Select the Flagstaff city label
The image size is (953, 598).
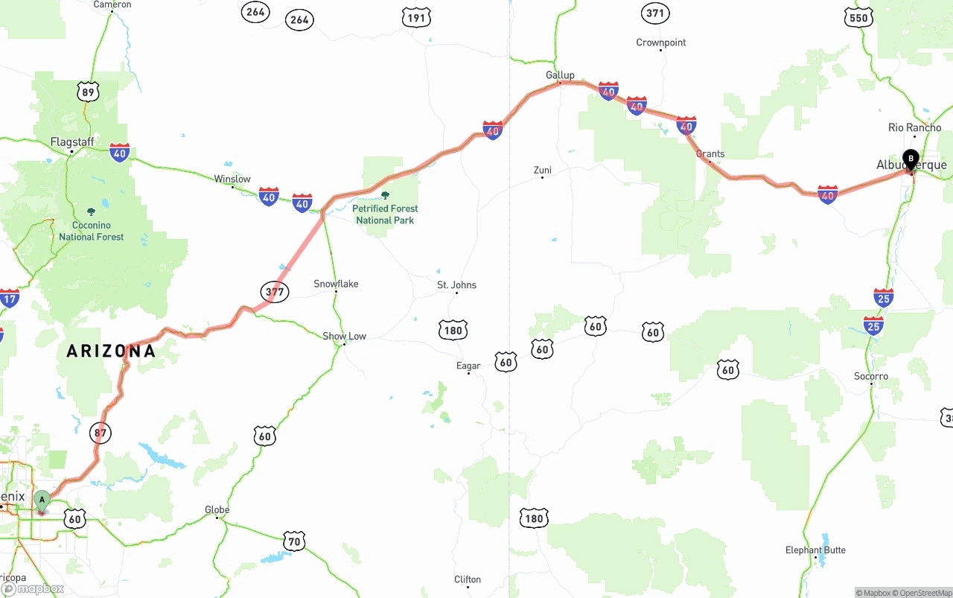tap(72, 141)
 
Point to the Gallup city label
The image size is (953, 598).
tap(560, 74)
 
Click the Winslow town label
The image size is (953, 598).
tap(232, 179)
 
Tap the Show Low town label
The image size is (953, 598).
tap(344, 336)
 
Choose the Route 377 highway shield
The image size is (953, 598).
tap(275, 291)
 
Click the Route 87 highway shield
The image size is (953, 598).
tap(100, 432)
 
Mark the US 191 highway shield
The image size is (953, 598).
tap(416, 18)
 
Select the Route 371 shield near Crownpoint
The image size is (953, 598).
tap(655, 13)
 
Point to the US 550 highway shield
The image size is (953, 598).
tap(858, 18)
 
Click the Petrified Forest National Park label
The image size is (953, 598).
tap(385, 214)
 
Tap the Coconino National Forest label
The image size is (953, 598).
tap(92, 230)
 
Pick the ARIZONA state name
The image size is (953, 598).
tap(111, 351)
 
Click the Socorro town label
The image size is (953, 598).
tap(871, 376)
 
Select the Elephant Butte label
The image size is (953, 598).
tap(815, 550)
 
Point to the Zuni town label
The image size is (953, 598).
tap(542, 170)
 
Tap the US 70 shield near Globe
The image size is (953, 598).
tap(295, 542)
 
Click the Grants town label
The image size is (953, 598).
tap(710, 153)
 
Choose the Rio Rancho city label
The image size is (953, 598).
tap(915, 127)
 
